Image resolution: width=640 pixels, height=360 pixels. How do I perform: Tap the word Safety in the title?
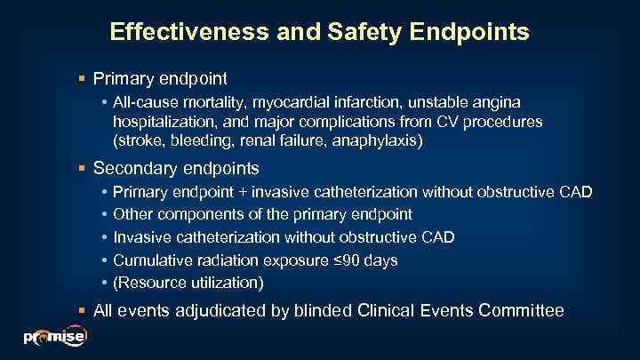click(355, 33)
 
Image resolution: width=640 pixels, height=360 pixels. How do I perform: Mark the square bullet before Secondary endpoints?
click(83, 168)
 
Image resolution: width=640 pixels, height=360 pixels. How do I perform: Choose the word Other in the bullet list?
click(132, 214)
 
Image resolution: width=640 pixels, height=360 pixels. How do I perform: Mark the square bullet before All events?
click(83, 311)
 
